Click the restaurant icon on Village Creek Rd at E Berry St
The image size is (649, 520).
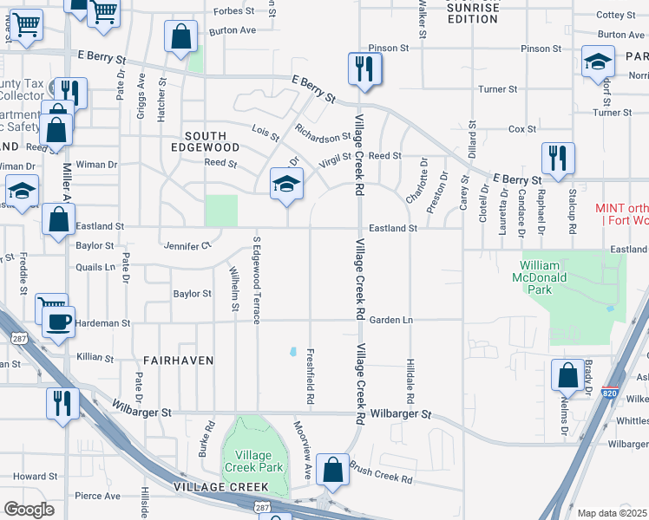(363, 68)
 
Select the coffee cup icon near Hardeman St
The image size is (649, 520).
(58, 322)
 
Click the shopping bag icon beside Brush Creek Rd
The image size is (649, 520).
(333, 471)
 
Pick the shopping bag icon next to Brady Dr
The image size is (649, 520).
(567, 375)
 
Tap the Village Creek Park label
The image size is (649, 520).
(252, 461)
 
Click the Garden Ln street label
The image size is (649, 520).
(390, 320)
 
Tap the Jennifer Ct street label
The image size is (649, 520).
(187, 245)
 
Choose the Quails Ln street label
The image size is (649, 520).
(95, 267)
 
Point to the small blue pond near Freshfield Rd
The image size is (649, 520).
(293, 353)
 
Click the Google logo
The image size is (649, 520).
(29, 510)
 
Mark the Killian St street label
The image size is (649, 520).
(95, 357)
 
